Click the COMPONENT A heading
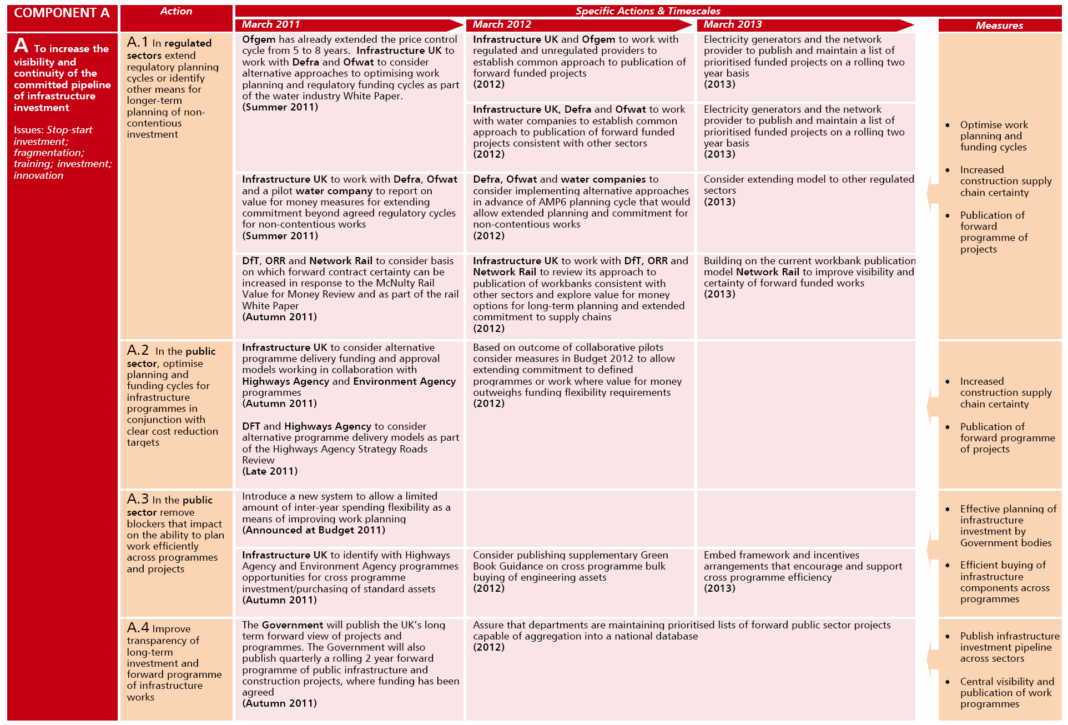click(x=62, y=13)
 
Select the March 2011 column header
click(x=271, y=24)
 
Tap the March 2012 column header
click(x=502, y=24)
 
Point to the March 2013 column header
click(x=733, y=24)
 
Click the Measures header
click(x=999, y=26)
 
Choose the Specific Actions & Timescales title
click(x=648, y=11)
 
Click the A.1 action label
click(x=138, y=42)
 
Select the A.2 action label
click(x=138, y=350)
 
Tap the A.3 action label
click(x=138, y=499)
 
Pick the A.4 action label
click(x=138, y=628)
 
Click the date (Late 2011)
click(x=270, y=471)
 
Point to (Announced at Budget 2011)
click(x=314, y=530)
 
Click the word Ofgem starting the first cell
click(x=259, y=39)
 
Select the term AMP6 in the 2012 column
click(x=552, y=202)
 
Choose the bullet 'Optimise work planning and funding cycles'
click(x=994, y=136)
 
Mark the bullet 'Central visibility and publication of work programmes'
click(x=1006, y=693)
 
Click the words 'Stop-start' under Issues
click(x=69, y=130)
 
